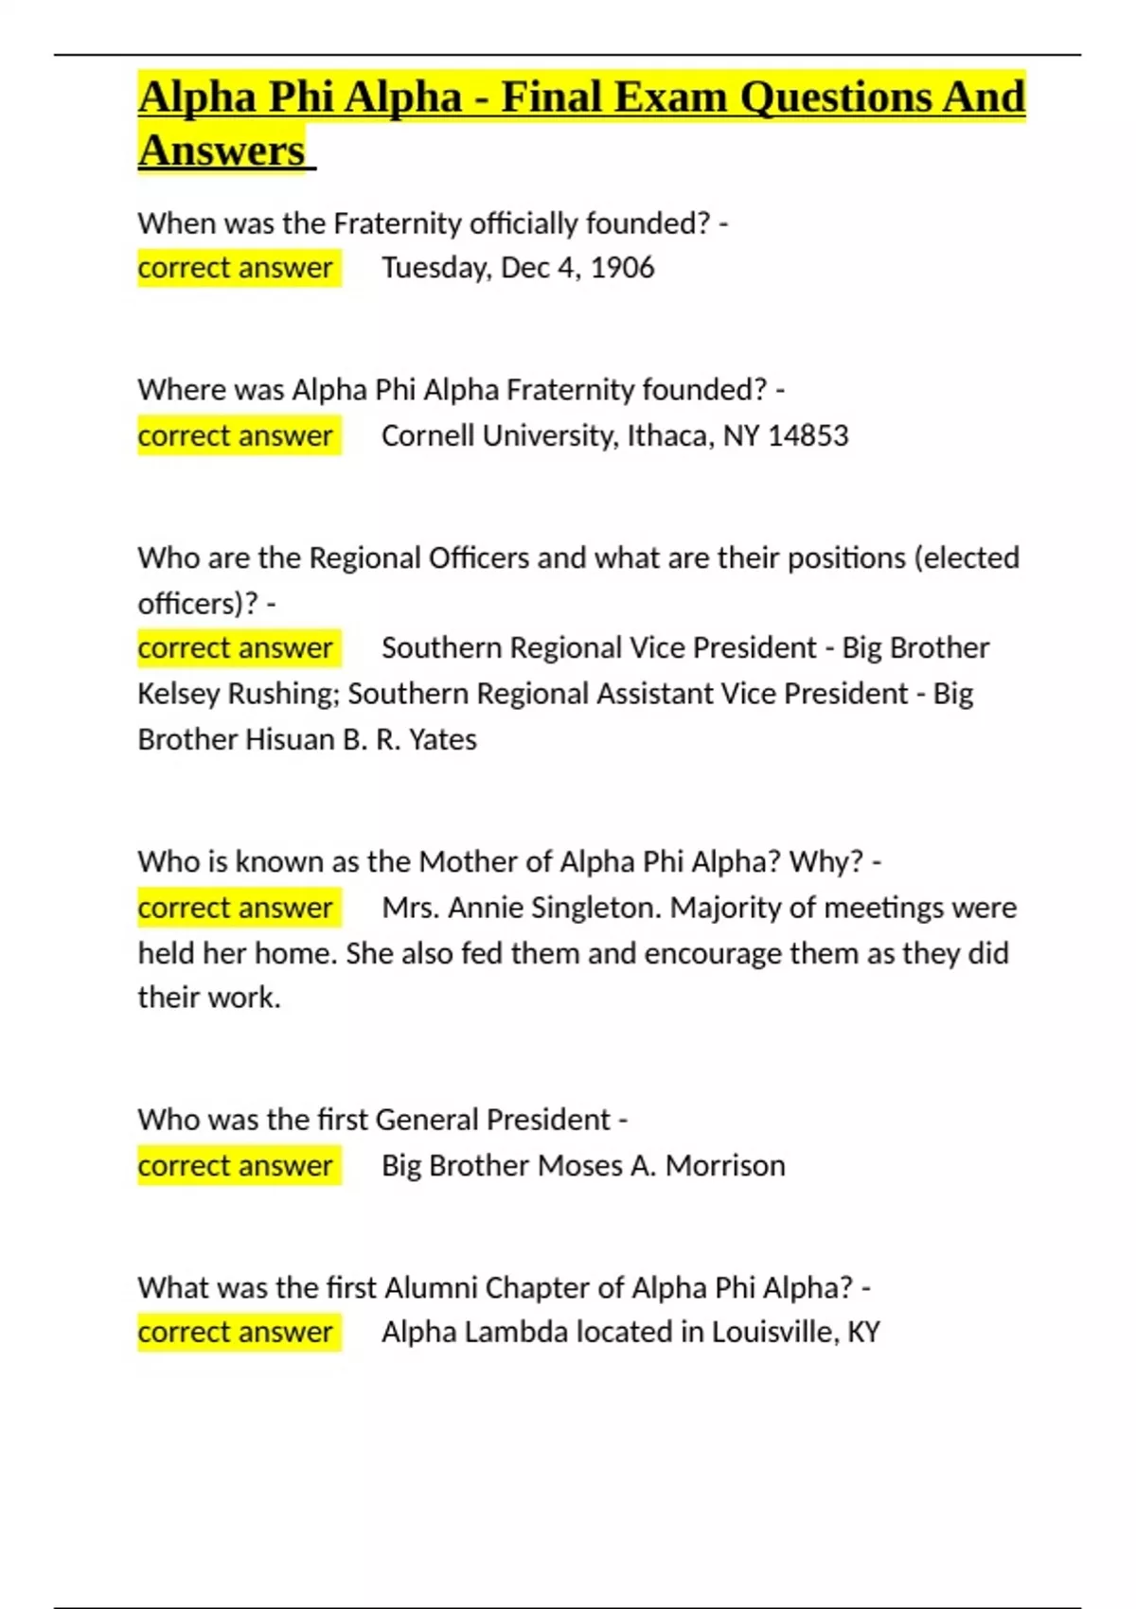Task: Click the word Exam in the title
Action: pos(669,97)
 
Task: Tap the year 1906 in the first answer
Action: pos(622,268)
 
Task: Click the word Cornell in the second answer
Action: pos(427,435)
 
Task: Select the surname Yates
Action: pos(442,739)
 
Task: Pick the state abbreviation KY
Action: pos(863,1333)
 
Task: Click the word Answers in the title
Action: pos(222,150)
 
